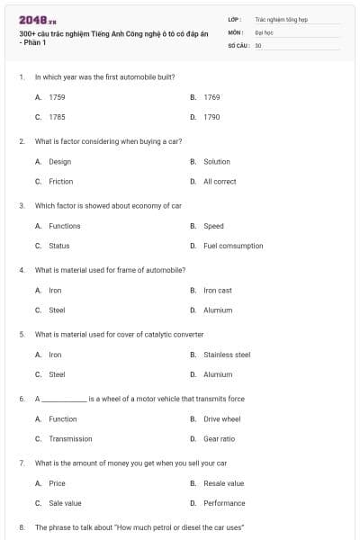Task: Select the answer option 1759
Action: (56, 96)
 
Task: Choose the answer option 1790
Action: (211, 117)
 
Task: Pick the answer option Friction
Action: (60, 181)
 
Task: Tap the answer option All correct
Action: (220, 181)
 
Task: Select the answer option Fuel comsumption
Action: (233, 246)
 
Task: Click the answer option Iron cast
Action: (217, 291)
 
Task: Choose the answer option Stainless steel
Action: (227, 355)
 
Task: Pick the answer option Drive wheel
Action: (221, 418)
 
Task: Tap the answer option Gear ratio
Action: (219, 439)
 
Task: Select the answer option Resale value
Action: (223, 483)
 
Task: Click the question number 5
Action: (22, 334)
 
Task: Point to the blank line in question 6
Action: (64, 399)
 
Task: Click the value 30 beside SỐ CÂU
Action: (258, 44)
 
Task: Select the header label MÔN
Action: (235, 31)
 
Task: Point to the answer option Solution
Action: (217, 162)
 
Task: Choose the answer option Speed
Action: (213, 226)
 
